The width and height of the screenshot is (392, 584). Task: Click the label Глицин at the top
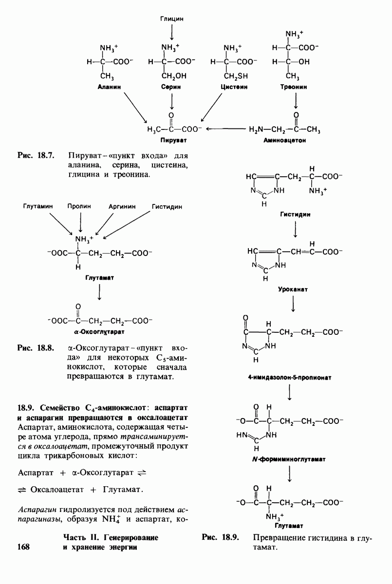pos(171,18)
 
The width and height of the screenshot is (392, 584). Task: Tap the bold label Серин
pos(171,87)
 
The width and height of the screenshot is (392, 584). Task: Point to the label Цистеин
pos(234,87)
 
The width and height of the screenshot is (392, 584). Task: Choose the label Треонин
pos(294,87)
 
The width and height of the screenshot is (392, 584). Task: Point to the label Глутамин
pos(37,206)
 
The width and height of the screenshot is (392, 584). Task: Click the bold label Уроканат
pos(294,289)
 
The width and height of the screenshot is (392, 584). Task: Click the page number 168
pos(23,547)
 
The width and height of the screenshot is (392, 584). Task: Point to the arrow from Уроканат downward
pos(294,304)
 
